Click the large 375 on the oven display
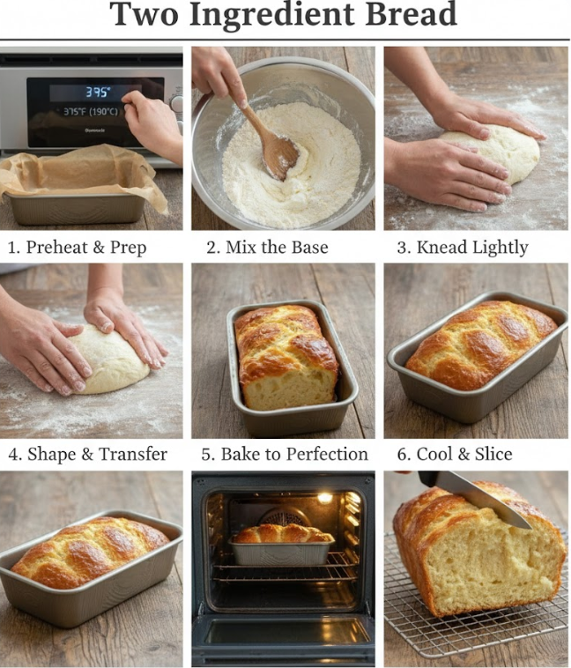click(x=98, y=92)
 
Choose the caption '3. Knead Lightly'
click(x=462, y=247)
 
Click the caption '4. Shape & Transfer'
click(x=87, y=455)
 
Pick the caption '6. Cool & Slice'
click(x=454, y=455)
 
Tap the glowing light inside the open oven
click(x=324, y=498)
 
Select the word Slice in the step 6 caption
click(x=490, y=455)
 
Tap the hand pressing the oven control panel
click(x=156, y=123)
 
